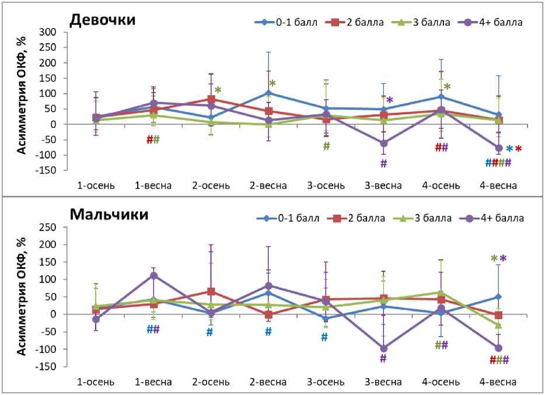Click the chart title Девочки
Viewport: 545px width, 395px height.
(x=103, y=20)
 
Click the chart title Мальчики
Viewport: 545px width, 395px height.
(x=109, y=214)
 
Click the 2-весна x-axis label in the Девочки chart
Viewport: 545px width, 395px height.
(x=268, y=186)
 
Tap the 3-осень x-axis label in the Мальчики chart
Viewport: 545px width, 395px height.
(x=326, y=382)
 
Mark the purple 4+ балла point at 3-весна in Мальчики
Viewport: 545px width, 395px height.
(x=383, y=348)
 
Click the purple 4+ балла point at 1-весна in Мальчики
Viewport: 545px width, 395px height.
(x=154, y=275)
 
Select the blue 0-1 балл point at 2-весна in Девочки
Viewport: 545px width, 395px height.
(x=268, y=93)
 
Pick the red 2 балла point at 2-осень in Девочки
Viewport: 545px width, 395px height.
(x=211, y=99)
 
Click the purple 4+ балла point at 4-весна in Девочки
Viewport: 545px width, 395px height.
(x=499, y=148)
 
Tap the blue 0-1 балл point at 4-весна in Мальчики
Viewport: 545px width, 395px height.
(x=498, y=297)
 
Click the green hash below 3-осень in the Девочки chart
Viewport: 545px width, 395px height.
(x=326, y=146)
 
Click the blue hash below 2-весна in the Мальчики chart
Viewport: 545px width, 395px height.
(x=268, y=332)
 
